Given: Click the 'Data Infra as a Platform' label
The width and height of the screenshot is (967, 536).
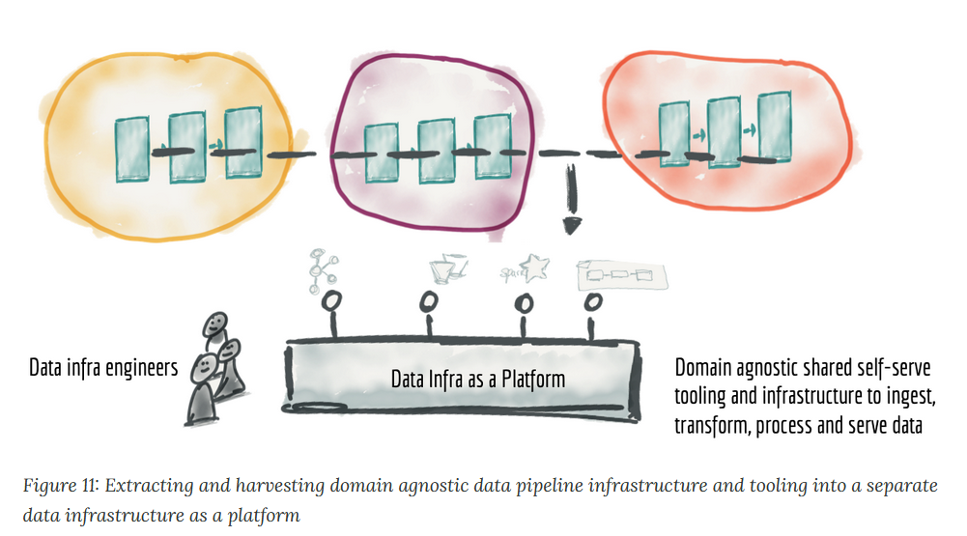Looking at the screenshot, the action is coord(478,379).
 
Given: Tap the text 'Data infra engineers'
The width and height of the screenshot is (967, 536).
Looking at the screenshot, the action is coord(103,368).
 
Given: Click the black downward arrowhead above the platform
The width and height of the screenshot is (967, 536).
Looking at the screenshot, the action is coord(572,226).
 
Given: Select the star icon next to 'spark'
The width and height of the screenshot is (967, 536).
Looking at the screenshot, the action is coord(534,268).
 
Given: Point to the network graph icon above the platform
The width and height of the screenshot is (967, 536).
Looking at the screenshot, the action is coord(322,269).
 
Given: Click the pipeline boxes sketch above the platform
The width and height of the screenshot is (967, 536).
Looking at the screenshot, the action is coord(621,275).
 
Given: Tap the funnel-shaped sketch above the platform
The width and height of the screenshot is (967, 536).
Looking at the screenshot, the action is coord(447,268).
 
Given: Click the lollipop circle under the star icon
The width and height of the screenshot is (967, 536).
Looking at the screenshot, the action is coord(524,303).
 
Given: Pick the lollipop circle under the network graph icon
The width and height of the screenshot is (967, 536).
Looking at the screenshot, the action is coord(331,301).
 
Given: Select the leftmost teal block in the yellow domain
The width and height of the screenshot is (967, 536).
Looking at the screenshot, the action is coord(132,150).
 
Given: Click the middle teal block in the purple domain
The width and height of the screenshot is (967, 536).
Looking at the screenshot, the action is coord(436,151).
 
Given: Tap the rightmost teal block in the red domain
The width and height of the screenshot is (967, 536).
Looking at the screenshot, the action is coord(774,127).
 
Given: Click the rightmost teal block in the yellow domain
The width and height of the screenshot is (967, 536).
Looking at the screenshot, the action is coord(243,143).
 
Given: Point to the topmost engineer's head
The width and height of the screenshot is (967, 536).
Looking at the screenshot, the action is coord(215,324).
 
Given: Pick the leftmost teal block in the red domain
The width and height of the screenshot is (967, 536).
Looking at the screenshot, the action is coord(674,134).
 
